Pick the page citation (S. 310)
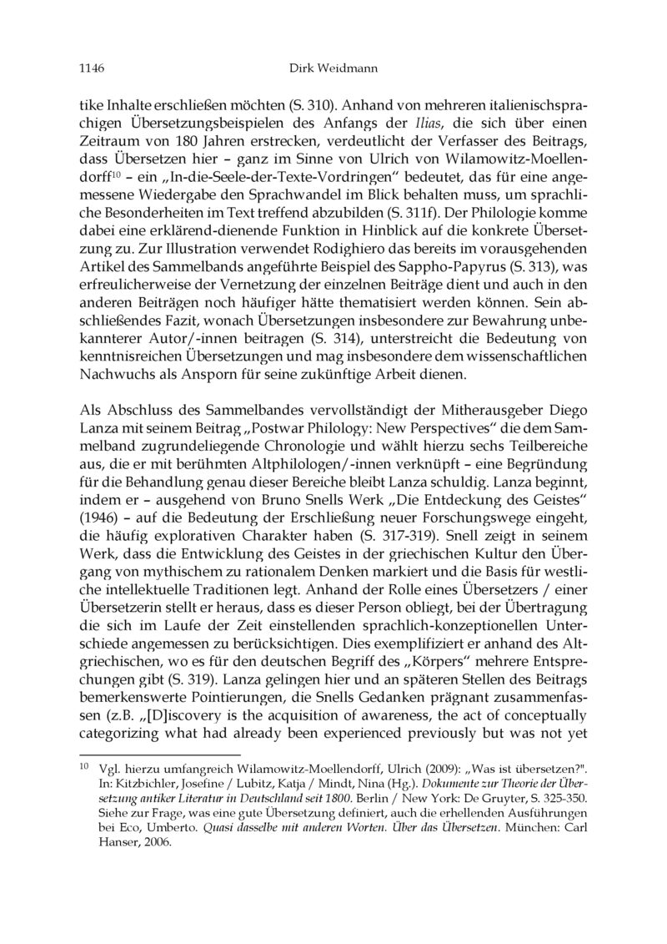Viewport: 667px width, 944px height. click(311, 108)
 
